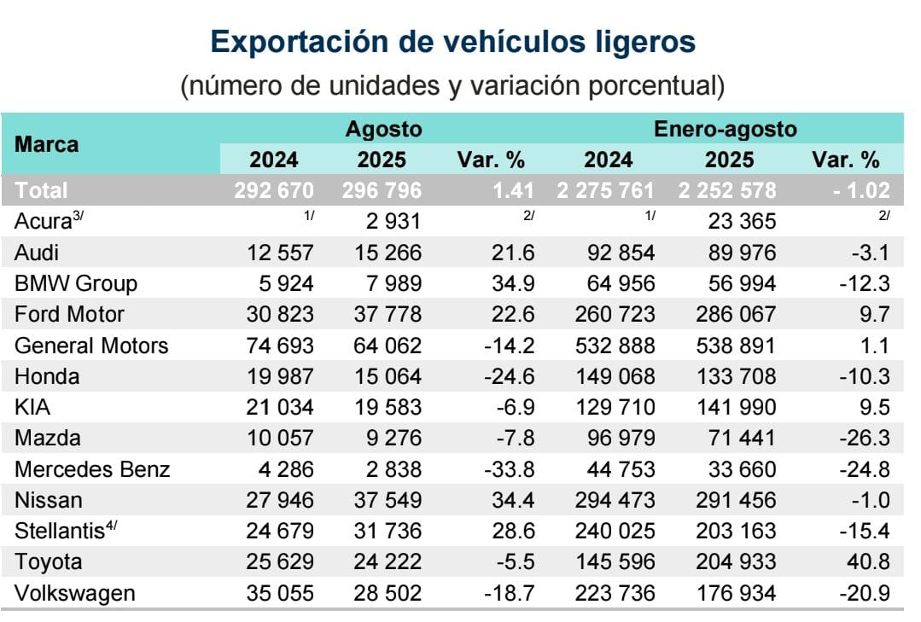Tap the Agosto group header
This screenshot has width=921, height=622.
383,130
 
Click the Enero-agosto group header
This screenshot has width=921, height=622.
725,130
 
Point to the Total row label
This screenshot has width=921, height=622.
41,190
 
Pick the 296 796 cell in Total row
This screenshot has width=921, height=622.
382,190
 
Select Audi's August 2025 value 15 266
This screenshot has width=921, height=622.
388,253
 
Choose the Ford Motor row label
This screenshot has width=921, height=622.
69,315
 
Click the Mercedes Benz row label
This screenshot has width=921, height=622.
92,469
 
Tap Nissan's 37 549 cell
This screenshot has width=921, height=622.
388,500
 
